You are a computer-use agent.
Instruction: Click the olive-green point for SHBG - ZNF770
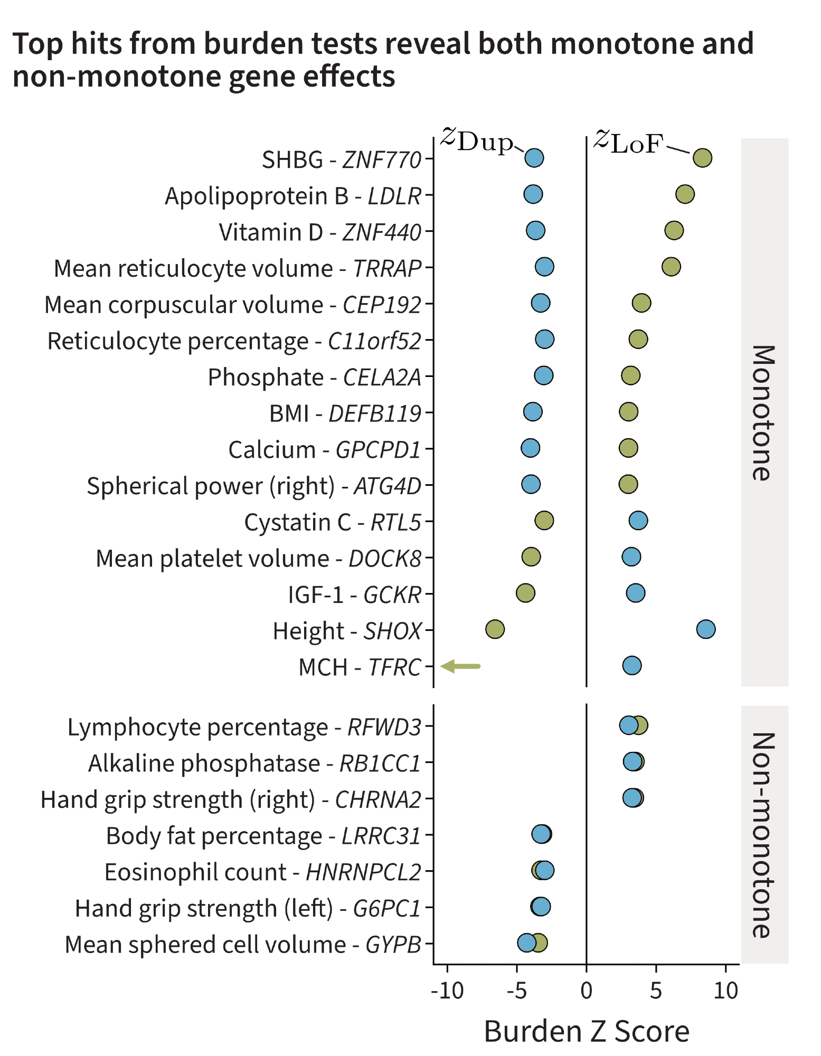click(702, 157)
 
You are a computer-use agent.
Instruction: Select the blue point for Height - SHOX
click(706, 629)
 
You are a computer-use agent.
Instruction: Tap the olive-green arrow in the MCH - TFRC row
click(460, 666)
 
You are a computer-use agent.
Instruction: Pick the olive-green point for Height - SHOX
click(495, 629)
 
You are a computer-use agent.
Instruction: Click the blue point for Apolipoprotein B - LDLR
click(533, 194)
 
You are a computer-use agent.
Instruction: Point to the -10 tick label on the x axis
click(447, 991)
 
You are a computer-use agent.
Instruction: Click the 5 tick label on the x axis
click(656, 991)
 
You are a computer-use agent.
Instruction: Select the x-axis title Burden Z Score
click(587, 1031)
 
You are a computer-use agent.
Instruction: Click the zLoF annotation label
click(628, 141)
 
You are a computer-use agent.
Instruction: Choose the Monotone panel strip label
click(764, 412)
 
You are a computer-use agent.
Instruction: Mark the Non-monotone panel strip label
click(764, 834)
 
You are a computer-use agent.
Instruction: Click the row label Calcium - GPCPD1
click(325, 450)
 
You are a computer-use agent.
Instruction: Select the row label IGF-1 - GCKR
click(354, 595)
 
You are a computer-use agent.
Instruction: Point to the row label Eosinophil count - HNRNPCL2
click(262, 872)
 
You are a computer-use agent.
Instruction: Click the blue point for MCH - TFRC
click(631, 665)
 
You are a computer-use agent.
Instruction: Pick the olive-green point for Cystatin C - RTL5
click(544, 520)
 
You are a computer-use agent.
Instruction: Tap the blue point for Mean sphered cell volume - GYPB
click(526, 942)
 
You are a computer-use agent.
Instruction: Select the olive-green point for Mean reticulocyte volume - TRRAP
click(671, 267)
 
